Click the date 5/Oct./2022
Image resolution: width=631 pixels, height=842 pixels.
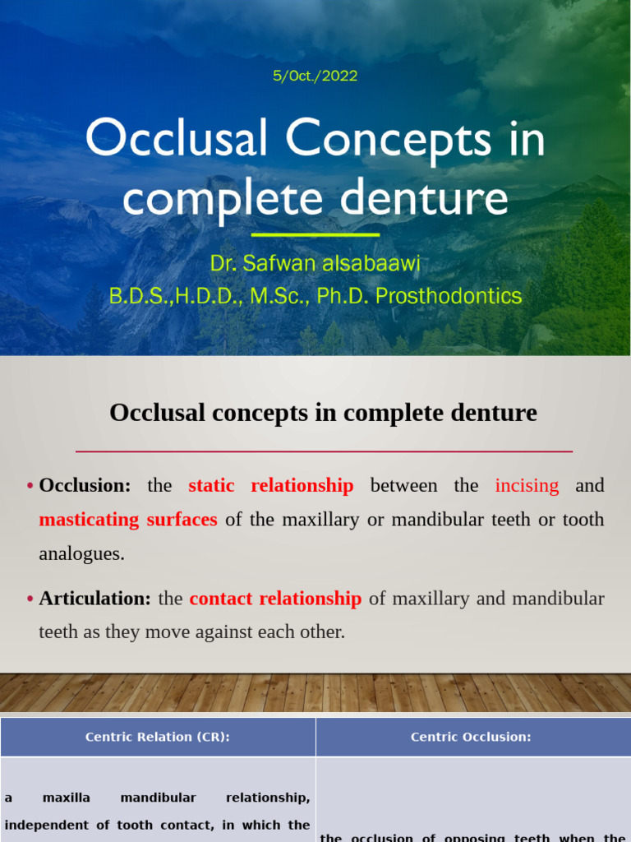pyautogui.click(x=315, y=76)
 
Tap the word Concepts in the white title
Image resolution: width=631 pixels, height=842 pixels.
pyautogui.click(x=389, y=139)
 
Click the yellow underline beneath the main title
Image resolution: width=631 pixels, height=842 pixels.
pyautogui.click(x=315, y=235)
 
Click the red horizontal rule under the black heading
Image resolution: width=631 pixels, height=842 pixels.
pyautogui.click(x=324, y=451)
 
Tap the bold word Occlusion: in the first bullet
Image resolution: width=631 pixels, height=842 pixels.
pyautogui.click(x=85, y=485)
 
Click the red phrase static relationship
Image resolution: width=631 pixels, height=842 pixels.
pyautogui.click(x=270, y=485)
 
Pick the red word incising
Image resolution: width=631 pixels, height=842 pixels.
pyautogui.click(x=527, y=485)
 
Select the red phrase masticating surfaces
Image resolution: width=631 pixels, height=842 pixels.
pyautogui.click(x=128, y=520)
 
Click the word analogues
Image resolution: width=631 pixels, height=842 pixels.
pyautogui.click(x=81, y=553)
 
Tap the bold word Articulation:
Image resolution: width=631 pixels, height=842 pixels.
pyautogui.click(x=95, y=599)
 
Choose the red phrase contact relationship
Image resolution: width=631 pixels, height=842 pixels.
pyautogui.click(x=275, y=599)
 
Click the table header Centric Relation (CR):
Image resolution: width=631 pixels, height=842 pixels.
pyautogui.click(x=158, y=737)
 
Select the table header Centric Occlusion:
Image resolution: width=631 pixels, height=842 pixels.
pyautogui.click(x=471, y=737)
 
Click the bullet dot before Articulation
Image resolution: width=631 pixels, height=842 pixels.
pyautogui.click(x=30, y=599)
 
